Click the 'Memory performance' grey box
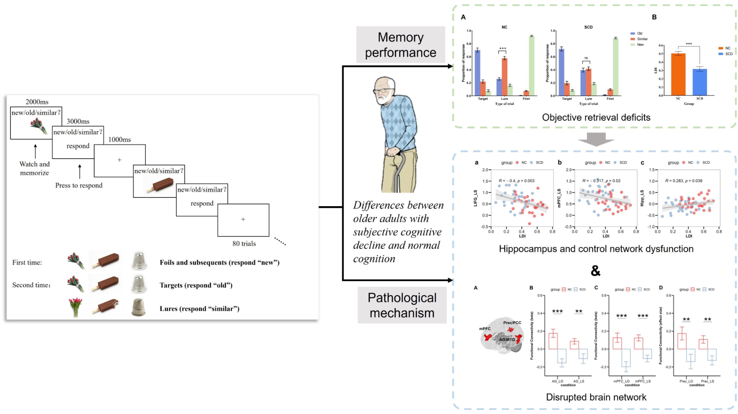coord(400,45)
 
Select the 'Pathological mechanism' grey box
coord(402,305)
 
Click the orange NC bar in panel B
coord(678,74)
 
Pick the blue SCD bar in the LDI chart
coord(700,82)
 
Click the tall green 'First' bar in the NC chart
coord(532,66)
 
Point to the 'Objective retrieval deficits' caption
coord(596,117)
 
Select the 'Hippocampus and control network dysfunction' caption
coord(596,249)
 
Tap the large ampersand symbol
coord(595,271)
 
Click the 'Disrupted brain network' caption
coord(596,397)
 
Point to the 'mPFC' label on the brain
coord(485,329)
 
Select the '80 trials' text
coord(244,244)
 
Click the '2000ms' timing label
coord(37,102)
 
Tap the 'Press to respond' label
coord(79,185)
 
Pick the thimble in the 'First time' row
coord(139,261)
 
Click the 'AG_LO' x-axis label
coord(557,381)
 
